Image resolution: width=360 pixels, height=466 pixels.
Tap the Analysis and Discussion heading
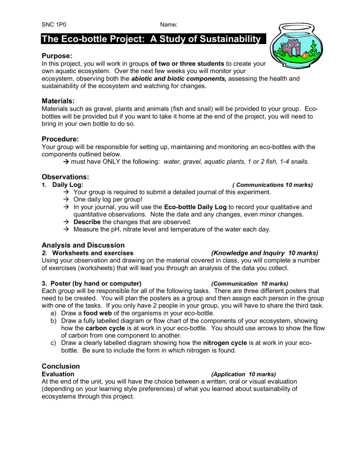pyautogui.click(x=83, y=245)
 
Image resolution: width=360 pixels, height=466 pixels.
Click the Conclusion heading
pyautogui.click(x=61, y=366)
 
